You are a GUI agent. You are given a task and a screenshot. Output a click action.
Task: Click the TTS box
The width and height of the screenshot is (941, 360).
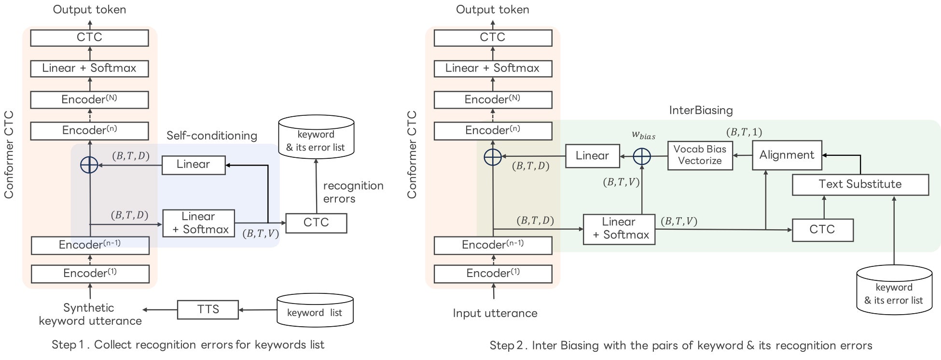coord(208,309)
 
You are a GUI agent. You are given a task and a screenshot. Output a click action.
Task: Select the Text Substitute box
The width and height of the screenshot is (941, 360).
coord(860,184)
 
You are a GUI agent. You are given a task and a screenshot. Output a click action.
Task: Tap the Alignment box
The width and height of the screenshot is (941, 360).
coord(787,155)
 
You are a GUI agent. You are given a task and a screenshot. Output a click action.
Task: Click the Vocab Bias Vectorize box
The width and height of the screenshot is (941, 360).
coord(700,155)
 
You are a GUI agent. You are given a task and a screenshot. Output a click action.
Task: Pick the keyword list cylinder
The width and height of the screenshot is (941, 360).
coord(315,311)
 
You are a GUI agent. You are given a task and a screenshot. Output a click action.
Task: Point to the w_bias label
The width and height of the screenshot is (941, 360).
coord(643,135)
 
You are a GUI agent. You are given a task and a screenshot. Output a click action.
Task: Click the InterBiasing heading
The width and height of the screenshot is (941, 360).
coord(701,111)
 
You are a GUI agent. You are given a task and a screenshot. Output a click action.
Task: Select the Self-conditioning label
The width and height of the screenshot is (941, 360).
coord(211,136)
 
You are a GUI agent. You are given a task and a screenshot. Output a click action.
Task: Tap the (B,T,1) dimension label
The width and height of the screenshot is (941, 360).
coord(744,132)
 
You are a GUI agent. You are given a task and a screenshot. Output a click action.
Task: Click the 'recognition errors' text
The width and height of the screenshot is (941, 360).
coord(353,192)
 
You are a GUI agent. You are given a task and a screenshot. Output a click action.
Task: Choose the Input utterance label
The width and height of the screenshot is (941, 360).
coord(495,313)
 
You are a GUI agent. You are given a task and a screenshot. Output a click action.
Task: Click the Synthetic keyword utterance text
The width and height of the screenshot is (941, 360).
coord(90,314)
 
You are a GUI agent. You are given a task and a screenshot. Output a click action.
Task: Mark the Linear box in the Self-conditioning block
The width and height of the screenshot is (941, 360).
coord(194,165)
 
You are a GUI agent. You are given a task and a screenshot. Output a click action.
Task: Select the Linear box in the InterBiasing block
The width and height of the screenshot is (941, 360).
coord(592,156)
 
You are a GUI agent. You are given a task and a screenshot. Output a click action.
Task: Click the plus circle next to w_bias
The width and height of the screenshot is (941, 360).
coord(642,156)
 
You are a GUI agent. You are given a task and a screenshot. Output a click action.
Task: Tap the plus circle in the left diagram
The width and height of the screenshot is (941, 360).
coord(90,165)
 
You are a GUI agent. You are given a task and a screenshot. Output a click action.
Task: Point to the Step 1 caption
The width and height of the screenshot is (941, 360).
coord(188,345)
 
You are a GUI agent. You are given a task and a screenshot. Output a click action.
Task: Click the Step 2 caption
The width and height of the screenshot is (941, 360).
coord(680,346)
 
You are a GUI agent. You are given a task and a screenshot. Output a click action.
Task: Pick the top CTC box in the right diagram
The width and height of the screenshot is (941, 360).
coord(493,38)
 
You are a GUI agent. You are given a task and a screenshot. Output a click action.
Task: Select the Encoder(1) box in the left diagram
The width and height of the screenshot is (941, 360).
coord(90,274)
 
